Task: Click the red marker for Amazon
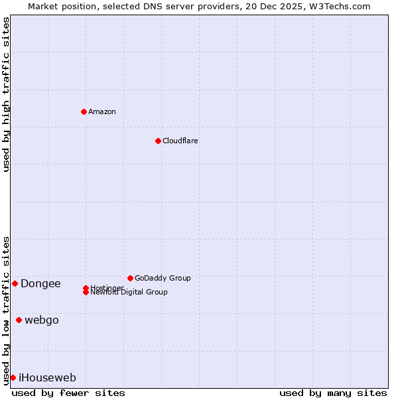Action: pyautogui.click(x=84, y=111)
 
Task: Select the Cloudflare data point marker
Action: pyautogui.click(x=158, y=141)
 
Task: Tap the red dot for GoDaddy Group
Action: pyautogui.click(x=130, y=278)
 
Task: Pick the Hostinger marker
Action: pyautogui.click(x=86, y=288)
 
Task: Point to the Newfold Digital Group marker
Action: pyautogui.click(x=86, y=292)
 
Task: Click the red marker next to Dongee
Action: pyautogui.click(x=15, y=283)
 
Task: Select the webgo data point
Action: pyautogui.click(x=19, y=320)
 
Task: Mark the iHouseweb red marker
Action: pyautogui.click(x=13, y=377)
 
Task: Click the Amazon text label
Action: pyautogui.click(x=102, y=111)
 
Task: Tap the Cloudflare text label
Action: pyautogui.click(x=180, y=141)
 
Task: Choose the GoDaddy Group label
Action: pyautogui.click(x=163, y=278)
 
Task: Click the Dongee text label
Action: pyautogui.click(x=40, y=284)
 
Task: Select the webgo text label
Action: pyautogui.click(x=42, y=320)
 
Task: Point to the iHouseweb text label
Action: pyautogui.click(x=47, y=378)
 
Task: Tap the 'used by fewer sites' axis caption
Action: pyautogui.click(x=68, y=393)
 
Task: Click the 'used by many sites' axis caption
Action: pyautogui.click(x=333, y=393)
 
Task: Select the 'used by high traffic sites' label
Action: pyautogui.click(x=6, y=94)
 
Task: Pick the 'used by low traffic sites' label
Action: pyautogui.click(x=6, y=310)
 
